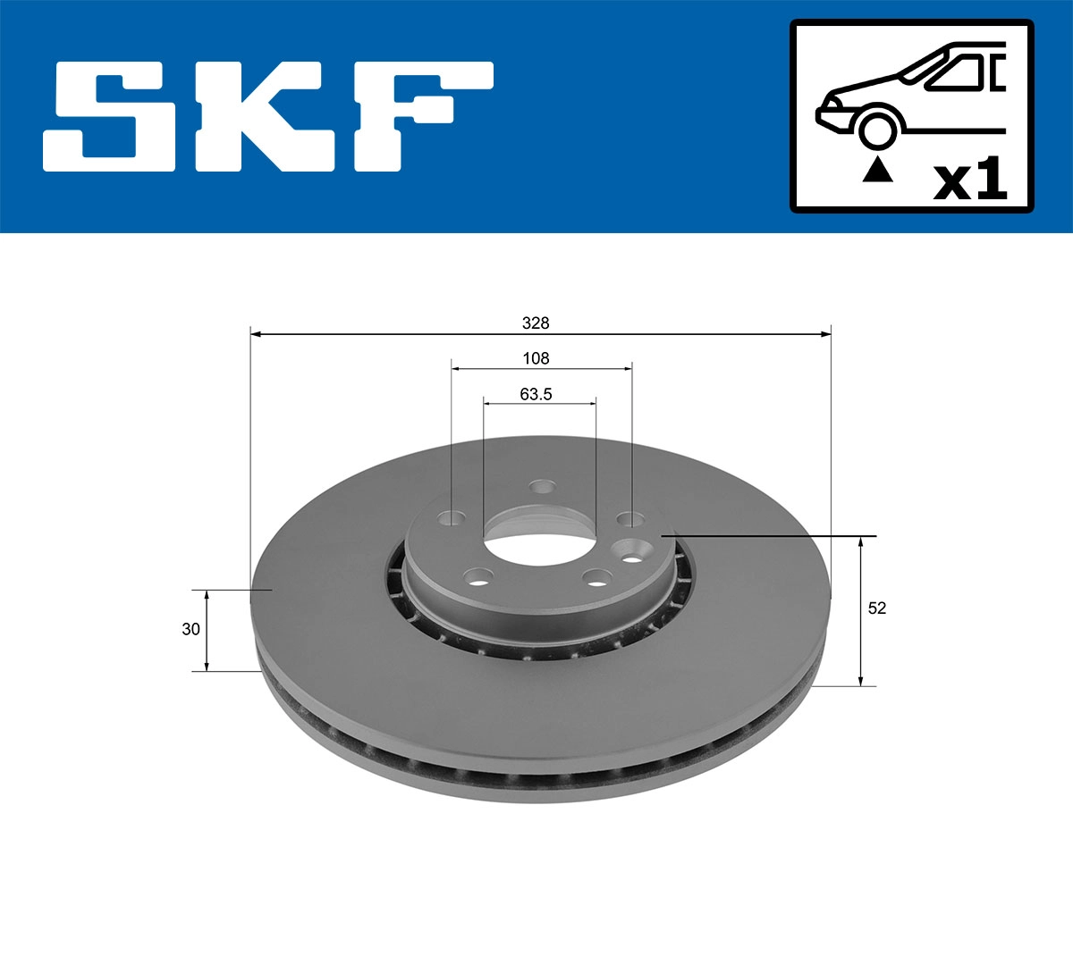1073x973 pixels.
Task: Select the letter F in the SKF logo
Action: [x=420, y=117]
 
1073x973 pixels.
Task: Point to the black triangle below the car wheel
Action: [x=877, y=169]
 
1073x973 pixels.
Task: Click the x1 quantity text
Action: [x=970, y=180]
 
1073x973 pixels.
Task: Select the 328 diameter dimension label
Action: [x=536, y=323]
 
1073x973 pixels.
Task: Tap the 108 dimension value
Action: [x=536, y=358]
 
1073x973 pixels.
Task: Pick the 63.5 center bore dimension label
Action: [x=536, y=393]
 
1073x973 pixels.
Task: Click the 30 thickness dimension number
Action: [x=190, y=629]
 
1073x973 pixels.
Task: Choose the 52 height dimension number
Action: [x=877, y=608]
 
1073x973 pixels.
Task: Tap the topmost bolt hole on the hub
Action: [x=542, y=487]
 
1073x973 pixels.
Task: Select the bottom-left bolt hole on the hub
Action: [x=478, y=577]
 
